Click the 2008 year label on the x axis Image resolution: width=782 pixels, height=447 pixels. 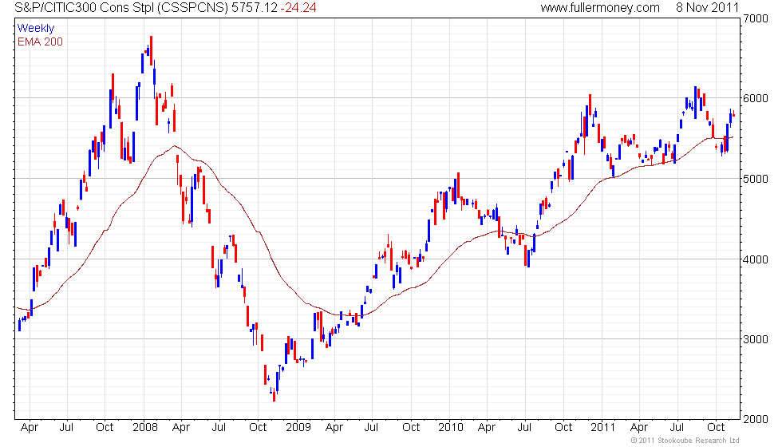pyautogui.click(x=144, y=427)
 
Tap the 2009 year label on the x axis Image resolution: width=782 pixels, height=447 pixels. pyautogui.click(x=298, y=427)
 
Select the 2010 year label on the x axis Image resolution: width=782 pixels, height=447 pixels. pyautogui.click(x=452, y=427)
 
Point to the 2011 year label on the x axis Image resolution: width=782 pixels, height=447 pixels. pyautogui.click(x=604, y=427)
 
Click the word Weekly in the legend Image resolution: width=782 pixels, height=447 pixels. pyautogui.click(x=36, y=29)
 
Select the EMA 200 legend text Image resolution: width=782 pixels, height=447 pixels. pyautogui.click(x=40, y=42)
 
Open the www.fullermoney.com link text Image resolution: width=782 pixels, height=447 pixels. pyautogui.click(x=600, y=8)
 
